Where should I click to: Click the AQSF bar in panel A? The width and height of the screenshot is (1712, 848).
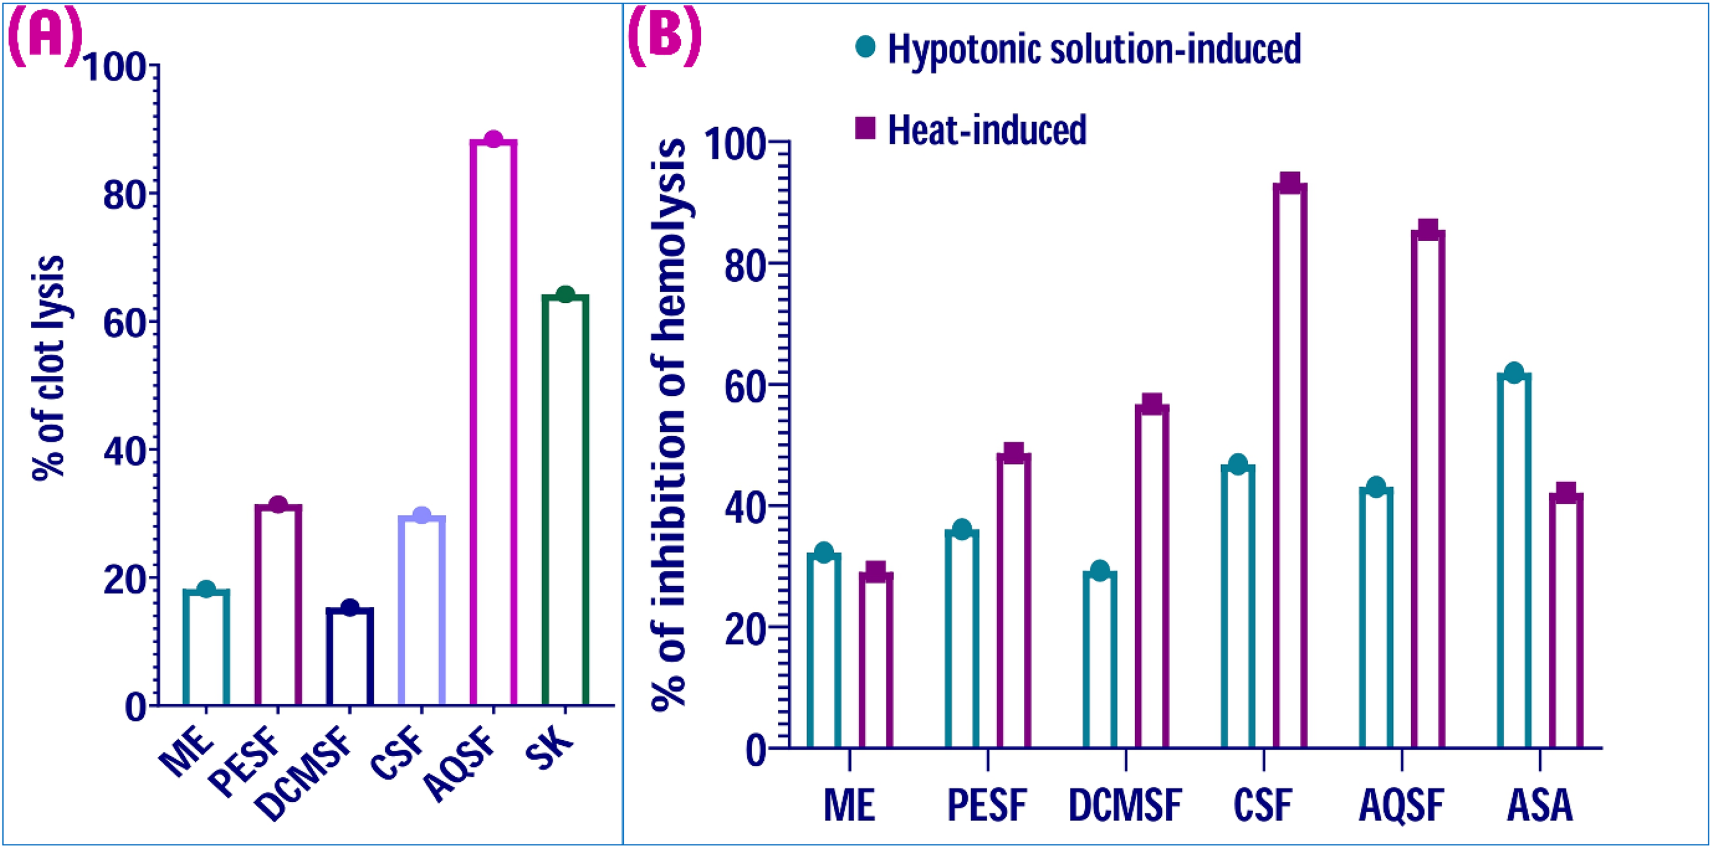tap(493, 423)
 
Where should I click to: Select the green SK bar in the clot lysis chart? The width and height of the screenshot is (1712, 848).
tap(565, 500)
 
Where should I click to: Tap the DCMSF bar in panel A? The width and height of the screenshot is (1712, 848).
tap(350, 656)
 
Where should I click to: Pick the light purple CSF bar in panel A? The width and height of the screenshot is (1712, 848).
tap(421, 610)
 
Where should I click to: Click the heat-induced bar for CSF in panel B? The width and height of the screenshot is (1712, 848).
tap(1290, 465)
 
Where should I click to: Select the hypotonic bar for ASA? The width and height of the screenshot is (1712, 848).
tap(1514, 561)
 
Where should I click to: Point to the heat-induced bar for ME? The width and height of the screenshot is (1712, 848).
tap(876, 660)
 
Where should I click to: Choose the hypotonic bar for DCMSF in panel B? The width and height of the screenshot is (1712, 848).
tap(1100, 659)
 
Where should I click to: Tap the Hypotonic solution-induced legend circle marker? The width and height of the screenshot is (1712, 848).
tap(865, 47)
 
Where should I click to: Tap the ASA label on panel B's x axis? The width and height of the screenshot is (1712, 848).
tap(1540, 805)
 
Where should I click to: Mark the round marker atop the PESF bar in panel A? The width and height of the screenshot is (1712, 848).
tap(278, 505)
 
